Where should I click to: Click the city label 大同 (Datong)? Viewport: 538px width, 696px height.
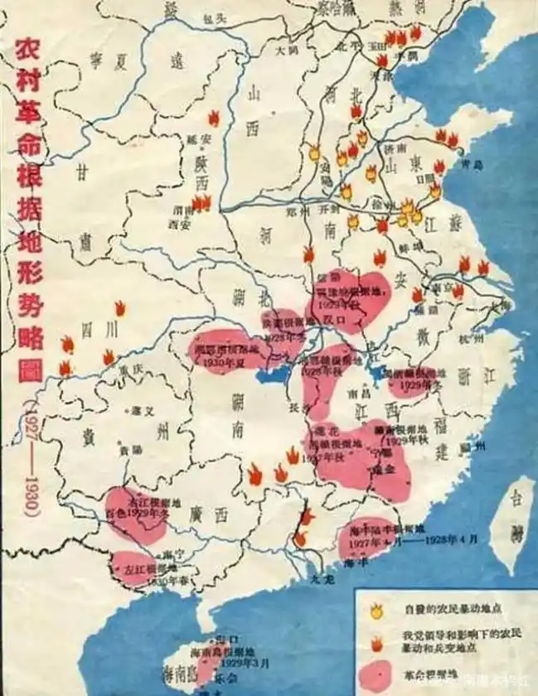tap(287, 50)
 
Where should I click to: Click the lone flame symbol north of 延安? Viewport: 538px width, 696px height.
tap(213, 118)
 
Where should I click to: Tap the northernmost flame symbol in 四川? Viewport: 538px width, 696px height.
tap(120, 309)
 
